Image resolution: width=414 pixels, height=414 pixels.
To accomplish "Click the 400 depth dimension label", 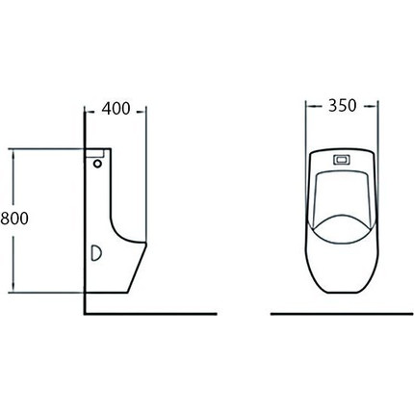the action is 116,109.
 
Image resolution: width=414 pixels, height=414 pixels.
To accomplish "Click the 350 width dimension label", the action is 342,106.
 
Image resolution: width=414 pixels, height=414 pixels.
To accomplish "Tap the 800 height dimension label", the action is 14,219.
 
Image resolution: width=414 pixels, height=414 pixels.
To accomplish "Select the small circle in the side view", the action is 97,164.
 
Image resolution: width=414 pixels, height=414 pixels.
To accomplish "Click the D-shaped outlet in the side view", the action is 96,252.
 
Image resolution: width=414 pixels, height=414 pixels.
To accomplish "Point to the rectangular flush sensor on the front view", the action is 342,160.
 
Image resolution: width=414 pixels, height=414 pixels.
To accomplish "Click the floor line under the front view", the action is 342,314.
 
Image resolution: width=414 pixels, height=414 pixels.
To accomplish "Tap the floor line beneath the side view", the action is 151,314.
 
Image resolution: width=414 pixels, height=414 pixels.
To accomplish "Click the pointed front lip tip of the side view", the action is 146,244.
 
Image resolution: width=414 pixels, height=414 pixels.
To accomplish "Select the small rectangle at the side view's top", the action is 94,153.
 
